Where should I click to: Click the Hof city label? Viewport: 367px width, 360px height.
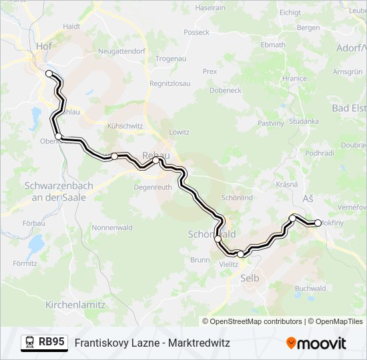point(44,46)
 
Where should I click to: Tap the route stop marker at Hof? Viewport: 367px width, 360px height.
point(49,73)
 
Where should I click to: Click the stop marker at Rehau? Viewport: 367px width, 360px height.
point(156,161)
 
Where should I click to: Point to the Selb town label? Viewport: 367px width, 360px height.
point(250,277)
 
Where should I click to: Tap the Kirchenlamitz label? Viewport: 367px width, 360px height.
point(75,304)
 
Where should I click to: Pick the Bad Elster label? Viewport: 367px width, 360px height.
point(349,108)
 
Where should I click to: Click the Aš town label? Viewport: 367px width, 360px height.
point(308,199)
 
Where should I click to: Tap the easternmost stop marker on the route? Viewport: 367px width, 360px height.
point(318,223)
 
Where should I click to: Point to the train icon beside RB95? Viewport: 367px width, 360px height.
point(29,343)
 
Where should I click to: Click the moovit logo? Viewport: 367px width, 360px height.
point(316,343)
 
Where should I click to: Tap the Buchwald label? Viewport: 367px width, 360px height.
point(310,289)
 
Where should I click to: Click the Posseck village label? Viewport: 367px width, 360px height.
point(196,32)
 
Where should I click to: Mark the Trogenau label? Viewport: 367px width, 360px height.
point(170,59)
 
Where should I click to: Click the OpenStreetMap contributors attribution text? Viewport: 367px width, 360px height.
point(256,321)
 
